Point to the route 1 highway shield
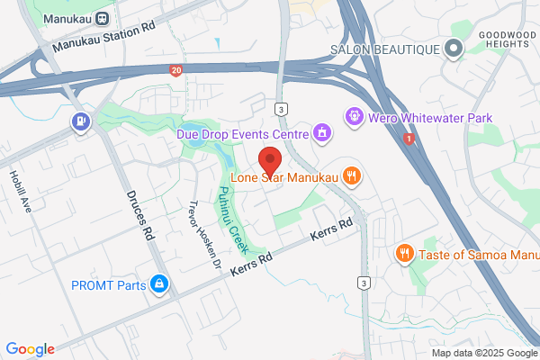click(x=409, y=139)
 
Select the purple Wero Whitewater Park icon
click(x=354, y=115)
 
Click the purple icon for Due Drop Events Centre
click(x=321, y=134)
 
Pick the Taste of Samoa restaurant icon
click(x=406, y=254)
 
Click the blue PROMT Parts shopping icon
click(x=159, y=285)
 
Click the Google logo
click(x=30, y=349)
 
